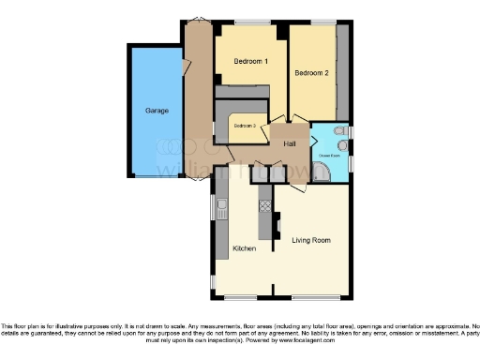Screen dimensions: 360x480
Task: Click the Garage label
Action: point(157,111)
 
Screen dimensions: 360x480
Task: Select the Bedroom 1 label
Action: point(249,62)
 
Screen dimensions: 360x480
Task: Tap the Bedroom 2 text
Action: point(311,73)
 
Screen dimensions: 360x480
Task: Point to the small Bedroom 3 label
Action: point(245,125)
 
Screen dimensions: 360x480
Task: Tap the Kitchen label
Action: point(244,249)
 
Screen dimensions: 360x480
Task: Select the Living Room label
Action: point(311,241)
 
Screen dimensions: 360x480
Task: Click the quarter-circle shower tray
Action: point(322,172)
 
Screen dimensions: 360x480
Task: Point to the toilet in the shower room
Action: point(343,146)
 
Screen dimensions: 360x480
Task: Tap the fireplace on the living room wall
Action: point(278,225)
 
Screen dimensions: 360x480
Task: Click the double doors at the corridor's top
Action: point(199,20)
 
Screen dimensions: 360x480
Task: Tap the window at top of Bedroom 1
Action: point(248,22)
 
